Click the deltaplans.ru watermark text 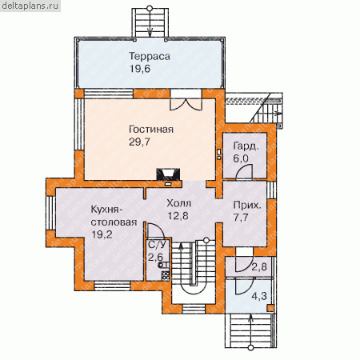[x=30, y=6]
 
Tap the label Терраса [x=150, y=56]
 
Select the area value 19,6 [x=140, y=69]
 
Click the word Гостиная [x=151, y=130]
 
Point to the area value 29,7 [x=140, y=142]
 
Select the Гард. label [x=246, y=146]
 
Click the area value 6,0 [x=241, y=158]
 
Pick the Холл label [x=179, y=203]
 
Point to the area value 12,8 [x=178, y=216]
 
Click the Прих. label [x=247, y=206]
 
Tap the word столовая [x=114, y=222]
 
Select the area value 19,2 [x=102, y=234]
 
